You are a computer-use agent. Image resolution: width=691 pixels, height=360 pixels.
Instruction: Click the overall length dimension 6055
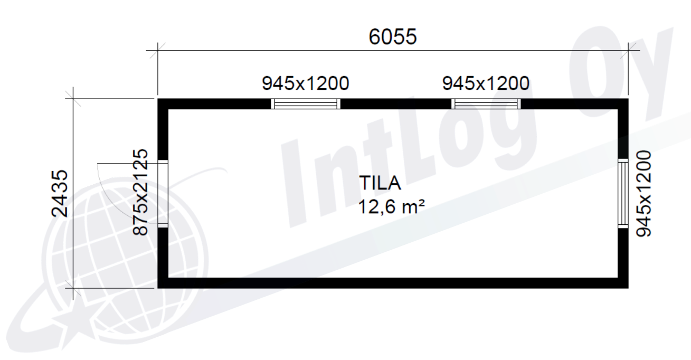[x=393, y=37]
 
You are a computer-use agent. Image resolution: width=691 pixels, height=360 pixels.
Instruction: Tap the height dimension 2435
[x=60, y=193]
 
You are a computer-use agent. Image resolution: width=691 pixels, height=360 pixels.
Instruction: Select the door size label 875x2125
[x=140, y=192]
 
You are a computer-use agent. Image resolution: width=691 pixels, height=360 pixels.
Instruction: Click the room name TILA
[x=380, y=183]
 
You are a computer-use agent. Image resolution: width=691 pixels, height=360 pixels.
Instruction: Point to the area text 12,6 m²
[x=392, y=206]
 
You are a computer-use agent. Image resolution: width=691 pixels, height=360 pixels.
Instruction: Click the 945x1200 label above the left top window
[x=306, y=83]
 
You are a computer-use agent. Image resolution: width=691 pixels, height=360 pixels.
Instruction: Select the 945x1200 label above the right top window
[x=486, y=83]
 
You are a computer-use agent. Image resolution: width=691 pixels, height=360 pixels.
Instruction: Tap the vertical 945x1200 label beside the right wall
[x=643, y=193]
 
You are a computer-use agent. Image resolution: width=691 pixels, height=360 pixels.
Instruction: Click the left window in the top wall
[x=306, y=104]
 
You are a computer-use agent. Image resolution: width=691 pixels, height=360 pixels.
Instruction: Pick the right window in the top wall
[x=486, y=104]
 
